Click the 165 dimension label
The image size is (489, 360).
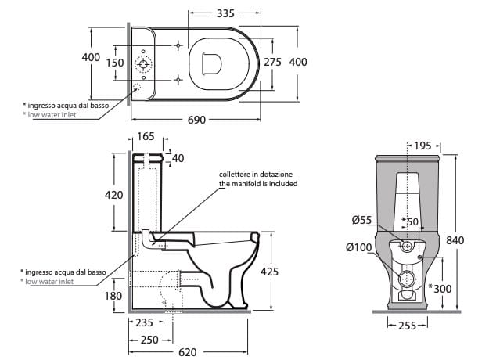146,137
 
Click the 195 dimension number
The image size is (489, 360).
422,146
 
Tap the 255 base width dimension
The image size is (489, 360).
406,326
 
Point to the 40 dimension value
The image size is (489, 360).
178,159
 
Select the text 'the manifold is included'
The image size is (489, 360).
257,184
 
